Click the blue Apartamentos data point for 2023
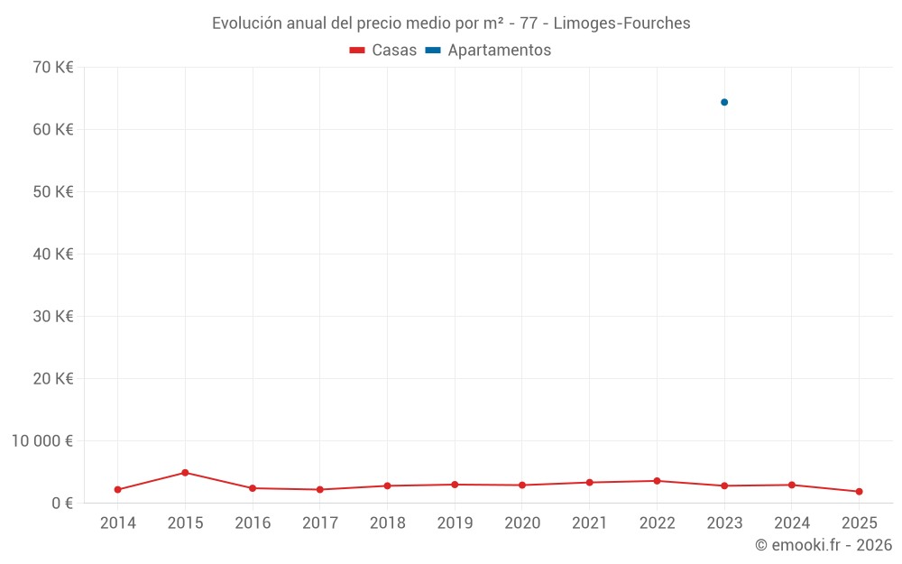724,102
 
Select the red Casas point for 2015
185,473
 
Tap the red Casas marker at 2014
118,490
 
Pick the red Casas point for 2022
657,481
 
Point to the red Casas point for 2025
859,492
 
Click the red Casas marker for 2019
455,485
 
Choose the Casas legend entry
383,51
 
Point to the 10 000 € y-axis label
42,441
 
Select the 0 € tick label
62,504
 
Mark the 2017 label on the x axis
320,523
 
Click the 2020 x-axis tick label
522,523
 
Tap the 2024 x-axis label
792,523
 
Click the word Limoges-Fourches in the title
621,23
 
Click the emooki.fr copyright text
823,545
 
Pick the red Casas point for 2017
320,490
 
